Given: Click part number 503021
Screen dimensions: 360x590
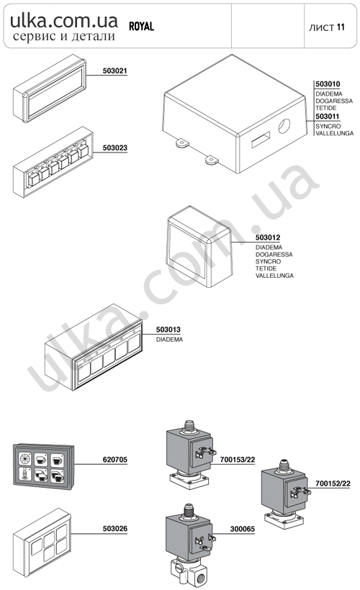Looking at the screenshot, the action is point(115,71).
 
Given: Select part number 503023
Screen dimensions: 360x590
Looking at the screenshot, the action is point(115,148).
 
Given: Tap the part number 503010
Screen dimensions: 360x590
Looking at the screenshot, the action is point(328,84).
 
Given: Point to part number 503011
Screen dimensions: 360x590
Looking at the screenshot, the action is point(328,117).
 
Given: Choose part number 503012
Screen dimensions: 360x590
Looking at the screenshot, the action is point(268,238).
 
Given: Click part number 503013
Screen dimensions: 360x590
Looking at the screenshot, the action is point(168,330).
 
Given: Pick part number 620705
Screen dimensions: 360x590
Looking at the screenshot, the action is point(115,460).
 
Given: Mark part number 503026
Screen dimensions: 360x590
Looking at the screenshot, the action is point(115,529).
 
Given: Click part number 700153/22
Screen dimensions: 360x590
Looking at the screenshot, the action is point(238,460).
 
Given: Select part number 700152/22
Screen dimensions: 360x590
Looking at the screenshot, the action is point(333,484).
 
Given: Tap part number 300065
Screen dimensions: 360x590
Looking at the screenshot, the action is point(243,529).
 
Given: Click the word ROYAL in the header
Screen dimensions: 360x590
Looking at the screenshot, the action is point(142,27).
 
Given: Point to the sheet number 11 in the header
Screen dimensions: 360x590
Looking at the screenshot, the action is point(341,27).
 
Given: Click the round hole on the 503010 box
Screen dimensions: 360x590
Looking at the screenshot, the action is point(284,126).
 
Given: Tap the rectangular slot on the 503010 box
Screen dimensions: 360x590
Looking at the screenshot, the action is point(261,140).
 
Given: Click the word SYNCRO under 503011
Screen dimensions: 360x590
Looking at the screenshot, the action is point(328,127).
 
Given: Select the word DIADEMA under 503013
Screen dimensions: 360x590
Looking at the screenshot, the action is point(169,340).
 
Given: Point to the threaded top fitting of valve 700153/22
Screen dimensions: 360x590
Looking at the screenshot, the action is point(189,427).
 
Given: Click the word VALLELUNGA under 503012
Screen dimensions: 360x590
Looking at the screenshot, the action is point(274,276).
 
